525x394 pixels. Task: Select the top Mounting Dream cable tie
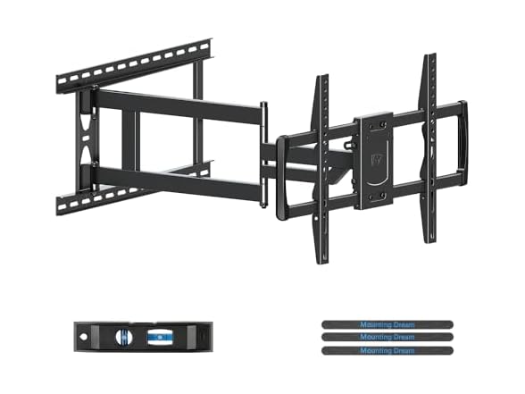(387, 324)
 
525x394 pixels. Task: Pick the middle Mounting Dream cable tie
(387, 337)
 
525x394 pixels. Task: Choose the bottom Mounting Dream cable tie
(387, 349)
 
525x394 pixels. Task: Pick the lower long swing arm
(179, 180)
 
